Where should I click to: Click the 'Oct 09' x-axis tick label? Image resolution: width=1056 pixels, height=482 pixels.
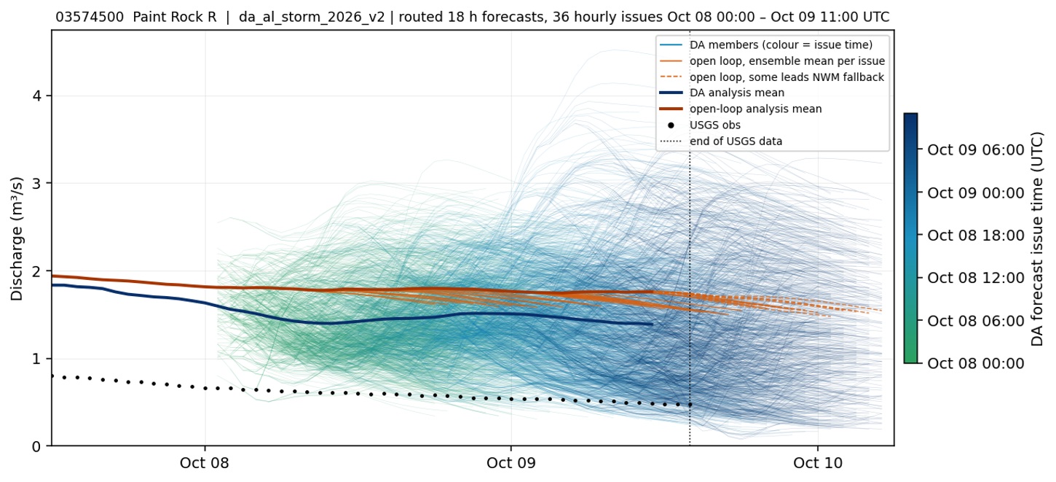[x=511, y=462]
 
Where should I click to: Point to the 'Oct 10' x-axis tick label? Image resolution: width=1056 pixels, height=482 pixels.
[x=817, y=462]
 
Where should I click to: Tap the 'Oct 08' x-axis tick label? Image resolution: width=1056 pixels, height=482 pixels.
[x=205, y=462]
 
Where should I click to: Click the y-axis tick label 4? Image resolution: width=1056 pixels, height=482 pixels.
[x=36, y=96]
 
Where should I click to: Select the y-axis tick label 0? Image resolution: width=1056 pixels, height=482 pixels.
[x=36, y=446]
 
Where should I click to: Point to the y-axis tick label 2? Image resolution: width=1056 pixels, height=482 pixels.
[x=36, y=271]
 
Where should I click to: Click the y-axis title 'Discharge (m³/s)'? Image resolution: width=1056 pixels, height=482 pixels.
[x=17, y=238]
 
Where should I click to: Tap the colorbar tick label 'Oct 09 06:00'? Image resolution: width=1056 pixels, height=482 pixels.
[x=976, y=150]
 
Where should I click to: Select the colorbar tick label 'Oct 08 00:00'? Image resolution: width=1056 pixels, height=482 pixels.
[x=976, y=364]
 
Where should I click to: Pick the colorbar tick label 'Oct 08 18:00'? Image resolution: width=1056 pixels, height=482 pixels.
[x=976, y=236]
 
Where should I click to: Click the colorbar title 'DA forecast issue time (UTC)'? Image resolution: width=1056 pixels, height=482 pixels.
[x=1038, y=239]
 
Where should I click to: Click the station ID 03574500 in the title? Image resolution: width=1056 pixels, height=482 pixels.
[x=90, y=17]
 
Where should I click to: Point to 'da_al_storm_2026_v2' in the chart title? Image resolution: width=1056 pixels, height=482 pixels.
[x=312, y=17]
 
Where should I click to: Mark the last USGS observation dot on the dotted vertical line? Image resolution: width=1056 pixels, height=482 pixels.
[x=690, y=405]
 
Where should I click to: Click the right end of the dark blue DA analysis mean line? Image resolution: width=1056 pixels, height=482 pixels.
[x=653, y=324]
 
